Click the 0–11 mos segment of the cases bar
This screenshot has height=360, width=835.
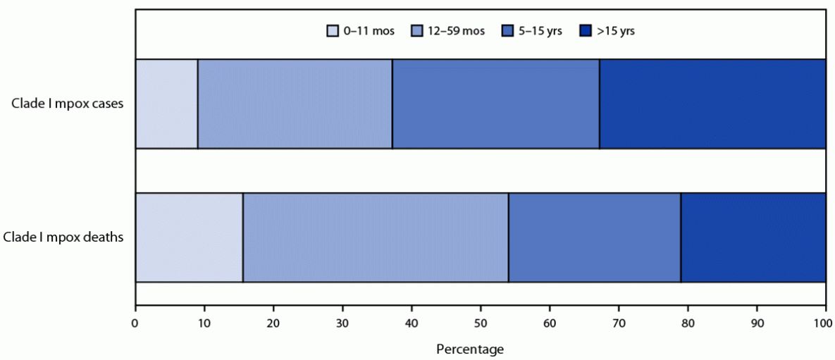166,104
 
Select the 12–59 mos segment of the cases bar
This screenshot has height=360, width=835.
295,104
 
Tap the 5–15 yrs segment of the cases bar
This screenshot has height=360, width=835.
495,104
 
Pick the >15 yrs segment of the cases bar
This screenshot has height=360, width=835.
712,104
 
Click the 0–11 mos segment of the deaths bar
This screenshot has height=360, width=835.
189,237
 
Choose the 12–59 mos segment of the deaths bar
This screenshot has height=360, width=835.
376,237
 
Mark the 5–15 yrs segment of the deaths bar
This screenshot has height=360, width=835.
595,237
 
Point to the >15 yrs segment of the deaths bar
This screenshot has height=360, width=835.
753,237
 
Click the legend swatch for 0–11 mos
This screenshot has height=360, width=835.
332,31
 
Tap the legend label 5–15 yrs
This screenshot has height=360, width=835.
541,31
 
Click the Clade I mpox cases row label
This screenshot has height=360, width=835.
68,104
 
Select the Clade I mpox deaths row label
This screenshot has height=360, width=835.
63,237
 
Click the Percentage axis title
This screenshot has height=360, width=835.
470,349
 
